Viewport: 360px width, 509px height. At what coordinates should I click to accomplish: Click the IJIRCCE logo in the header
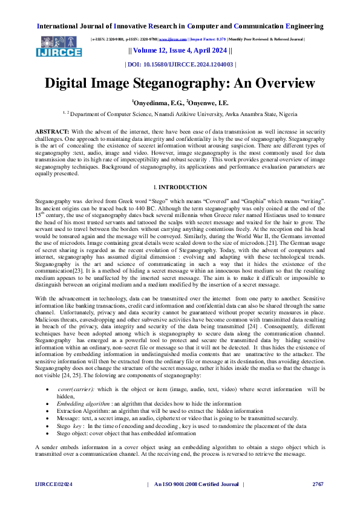tap(59, 45)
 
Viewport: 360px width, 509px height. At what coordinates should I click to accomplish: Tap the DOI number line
tap(180, 63)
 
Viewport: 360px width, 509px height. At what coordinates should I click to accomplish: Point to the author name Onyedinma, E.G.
tap(156, 103)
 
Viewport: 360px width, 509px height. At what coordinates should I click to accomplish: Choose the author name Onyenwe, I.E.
tap(208, 103)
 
